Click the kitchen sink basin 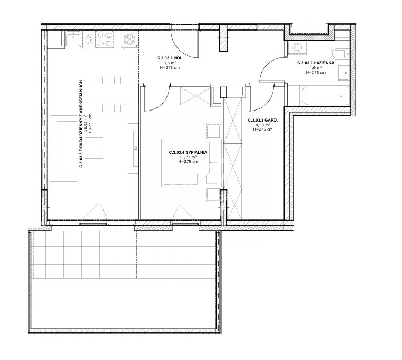[x=73, y=39]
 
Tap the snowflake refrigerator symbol [x=129, y=39]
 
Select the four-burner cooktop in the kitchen [x=105, y=39]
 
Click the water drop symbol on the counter [x=89, y=39]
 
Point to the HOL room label [x=170, y=58]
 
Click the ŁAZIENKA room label [x=316, y=63]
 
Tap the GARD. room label [x=263, y=120]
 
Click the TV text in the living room [x=136, y=148]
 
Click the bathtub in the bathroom [x=324, y=96]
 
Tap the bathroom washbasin [x=344, y=73]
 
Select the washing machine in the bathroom [x=297, y=48]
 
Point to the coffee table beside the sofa [x=94, y=148]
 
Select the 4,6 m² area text [x=316, y=67]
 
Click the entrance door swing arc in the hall [x=182, y=46]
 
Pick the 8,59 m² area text [x=263, y=125]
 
